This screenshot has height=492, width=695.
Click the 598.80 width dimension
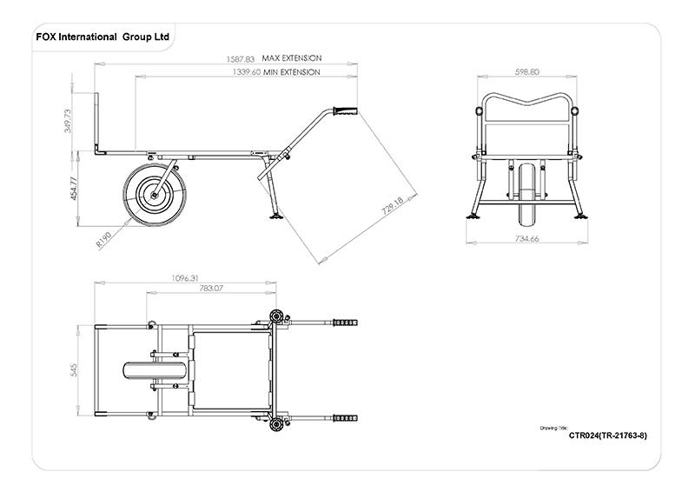click(x=527, y=72)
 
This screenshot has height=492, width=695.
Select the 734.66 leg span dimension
click(x=527, y=237)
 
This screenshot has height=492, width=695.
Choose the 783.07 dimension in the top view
click(x=212, y=288)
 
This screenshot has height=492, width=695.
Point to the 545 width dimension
click(x=76, y=370)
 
